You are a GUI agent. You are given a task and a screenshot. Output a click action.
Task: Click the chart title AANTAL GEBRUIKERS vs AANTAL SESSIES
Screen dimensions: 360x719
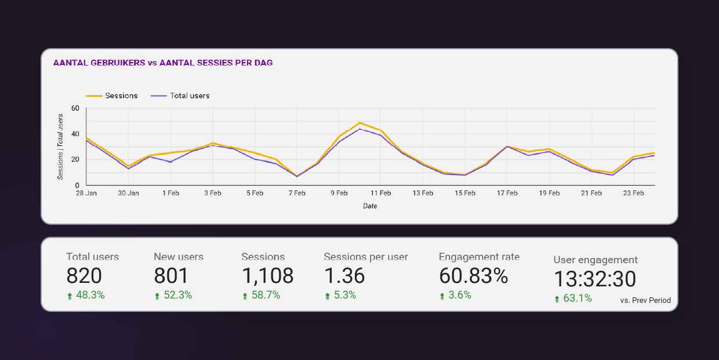(162, 63)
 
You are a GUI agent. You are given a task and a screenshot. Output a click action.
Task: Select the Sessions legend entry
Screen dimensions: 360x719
(121, 96)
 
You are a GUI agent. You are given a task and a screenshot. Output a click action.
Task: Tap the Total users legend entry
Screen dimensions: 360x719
(189, 96)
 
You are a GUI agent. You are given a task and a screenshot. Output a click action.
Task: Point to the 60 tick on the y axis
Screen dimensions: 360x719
(75, 108)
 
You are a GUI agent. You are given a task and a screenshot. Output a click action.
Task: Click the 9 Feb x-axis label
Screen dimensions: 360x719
(339, 194)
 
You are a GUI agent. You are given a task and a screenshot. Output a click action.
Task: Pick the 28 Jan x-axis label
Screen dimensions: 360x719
(86, 194)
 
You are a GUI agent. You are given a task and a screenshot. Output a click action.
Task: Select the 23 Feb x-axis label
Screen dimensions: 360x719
(634, 194)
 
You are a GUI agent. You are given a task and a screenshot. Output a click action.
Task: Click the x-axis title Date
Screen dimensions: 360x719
(370, 206)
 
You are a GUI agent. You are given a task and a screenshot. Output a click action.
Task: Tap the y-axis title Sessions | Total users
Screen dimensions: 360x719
(60, 147)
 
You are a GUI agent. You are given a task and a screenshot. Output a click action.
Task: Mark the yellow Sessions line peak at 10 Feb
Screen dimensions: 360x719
(359, 122)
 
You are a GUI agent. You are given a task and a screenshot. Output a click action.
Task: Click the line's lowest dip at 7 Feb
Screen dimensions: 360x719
(297, 176)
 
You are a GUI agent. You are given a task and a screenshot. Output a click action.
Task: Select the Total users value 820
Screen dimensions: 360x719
(84, 276)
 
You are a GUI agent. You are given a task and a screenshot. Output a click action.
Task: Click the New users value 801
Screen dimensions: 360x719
(171, 276)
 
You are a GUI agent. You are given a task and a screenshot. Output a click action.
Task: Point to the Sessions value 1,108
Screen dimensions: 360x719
(267, 276)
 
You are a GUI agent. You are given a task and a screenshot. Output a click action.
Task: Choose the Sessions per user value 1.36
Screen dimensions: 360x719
(344, 276)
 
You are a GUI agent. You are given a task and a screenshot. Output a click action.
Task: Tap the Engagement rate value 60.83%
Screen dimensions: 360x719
(473, 276)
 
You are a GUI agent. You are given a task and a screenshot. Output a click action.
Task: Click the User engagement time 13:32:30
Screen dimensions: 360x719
(594, 279)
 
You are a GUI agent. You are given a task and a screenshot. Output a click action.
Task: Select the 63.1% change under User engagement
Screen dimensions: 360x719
(578, 299)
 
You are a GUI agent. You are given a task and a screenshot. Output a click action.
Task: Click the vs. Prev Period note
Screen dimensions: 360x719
(645, 300)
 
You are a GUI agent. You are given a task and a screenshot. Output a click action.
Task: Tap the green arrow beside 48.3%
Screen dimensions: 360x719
(70, 296)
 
